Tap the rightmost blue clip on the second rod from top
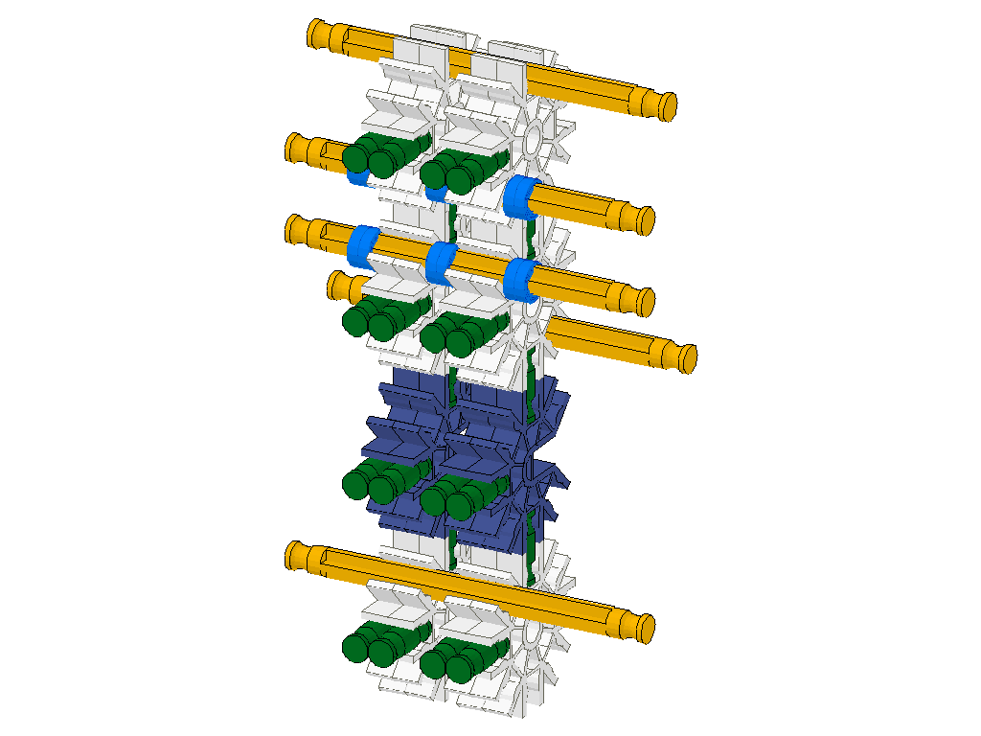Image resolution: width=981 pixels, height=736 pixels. point(522,195)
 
